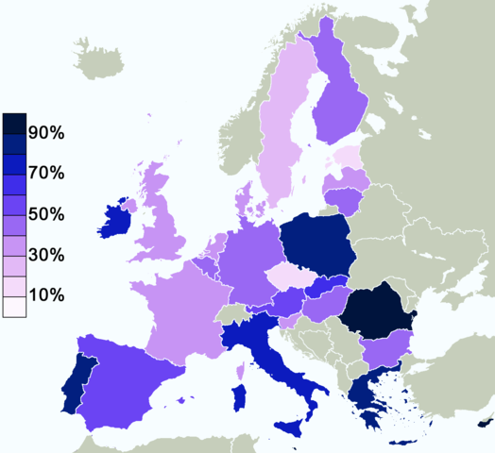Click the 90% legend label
45,133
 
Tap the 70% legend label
45,174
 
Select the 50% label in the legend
45,214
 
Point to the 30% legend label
45,255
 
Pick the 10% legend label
45,295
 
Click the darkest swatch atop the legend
14,124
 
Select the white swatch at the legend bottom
14,307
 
